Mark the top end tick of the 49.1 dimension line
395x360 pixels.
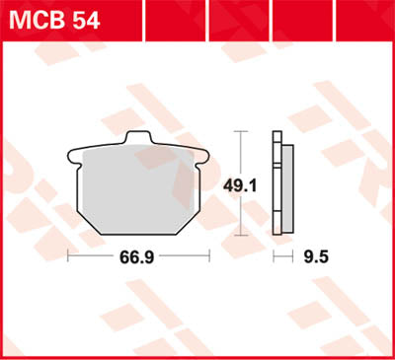point(237,130)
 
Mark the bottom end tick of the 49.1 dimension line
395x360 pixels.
point(237,237)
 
